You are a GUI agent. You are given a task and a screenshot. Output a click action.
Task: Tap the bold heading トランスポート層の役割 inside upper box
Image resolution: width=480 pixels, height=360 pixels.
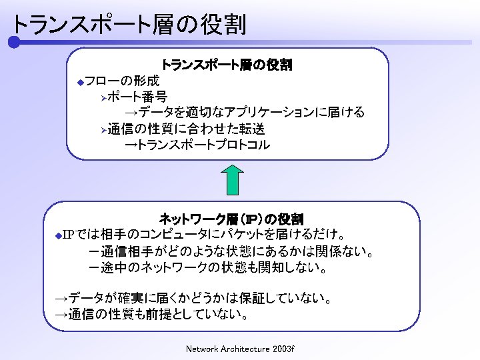click(x=227, y=65)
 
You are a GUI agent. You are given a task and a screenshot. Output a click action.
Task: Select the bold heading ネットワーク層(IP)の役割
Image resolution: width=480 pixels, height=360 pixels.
click(x=231, y=219)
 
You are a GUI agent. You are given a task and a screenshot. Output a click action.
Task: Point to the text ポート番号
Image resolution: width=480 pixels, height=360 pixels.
click(x=137, y=97)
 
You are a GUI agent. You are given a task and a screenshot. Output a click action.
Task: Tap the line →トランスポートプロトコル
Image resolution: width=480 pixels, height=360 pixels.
click(x=198, y=144)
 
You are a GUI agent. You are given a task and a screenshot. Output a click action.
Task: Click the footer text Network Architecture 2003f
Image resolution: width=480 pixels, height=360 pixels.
click(x=240, y=349)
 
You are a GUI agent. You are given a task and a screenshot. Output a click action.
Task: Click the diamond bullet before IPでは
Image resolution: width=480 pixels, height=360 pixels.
click(x=57, y=236)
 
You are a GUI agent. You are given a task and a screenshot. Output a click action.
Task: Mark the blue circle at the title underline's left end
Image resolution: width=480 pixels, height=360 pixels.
click(x=13, y=42)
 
